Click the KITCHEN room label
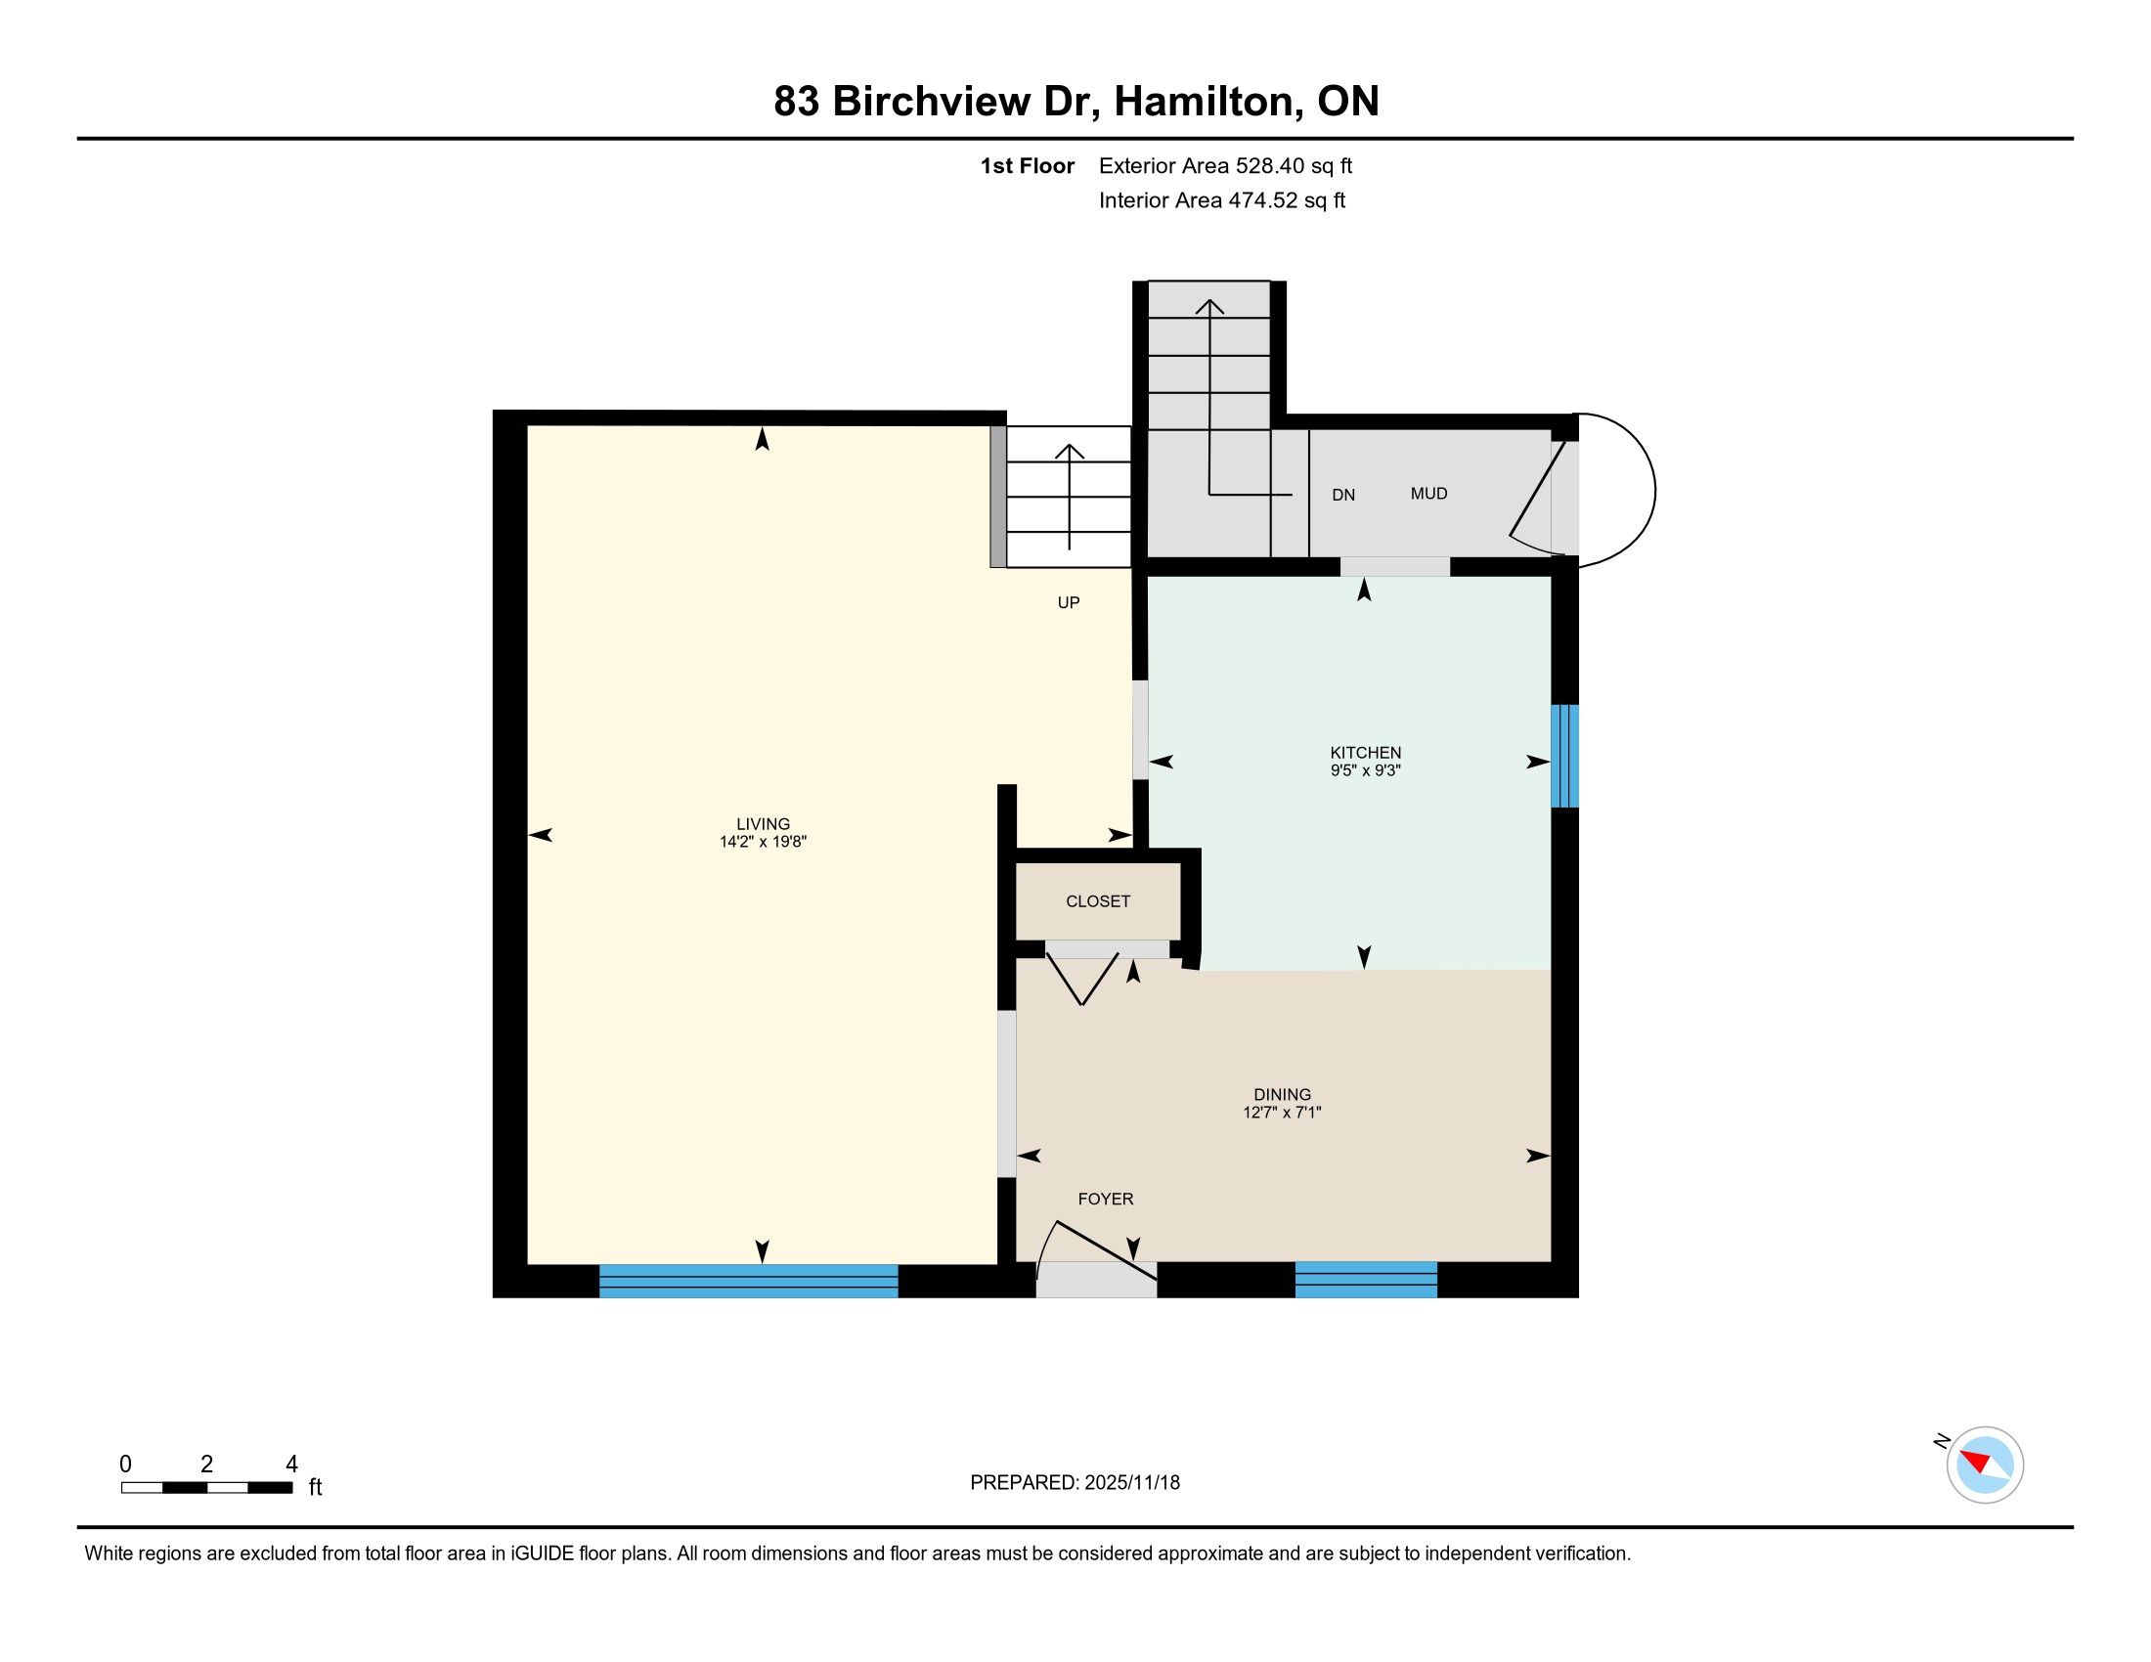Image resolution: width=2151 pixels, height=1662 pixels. (x=1365, y=752)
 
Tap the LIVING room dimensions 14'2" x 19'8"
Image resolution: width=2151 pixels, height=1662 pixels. (x=764, y=842)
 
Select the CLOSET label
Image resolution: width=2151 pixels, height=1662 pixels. (x=1098, y=901)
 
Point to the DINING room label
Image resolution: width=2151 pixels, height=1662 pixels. (x=1283, y=1094)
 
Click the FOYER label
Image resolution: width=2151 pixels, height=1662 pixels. (x=1105, y=1199)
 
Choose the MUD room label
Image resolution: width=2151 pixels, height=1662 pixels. (x=1429, y=494)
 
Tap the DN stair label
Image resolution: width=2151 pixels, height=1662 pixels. (x=1343, y=496)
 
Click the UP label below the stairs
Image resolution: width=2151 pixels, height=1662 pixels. (x=1069, y=602)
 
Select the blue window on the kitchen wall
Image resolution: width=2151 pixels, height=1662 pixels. (x=1565, y=756)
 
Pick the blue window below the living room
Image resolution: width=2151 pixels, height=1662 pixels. (x=749, y=1281)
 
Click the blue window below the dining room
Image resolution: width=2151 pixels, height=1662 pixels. (x=1366, y=1280)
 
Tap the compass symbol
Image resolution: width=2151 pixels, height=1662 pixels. (x=1985, y=1465)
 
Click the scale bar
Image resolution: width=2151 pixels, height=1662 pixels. (x=207, y=1488)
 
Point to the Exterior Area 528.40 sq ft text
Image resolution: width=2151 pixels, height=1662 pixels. (x=1225, y=165)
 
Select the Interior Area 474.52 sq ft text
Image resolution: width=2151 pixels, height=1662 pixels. (x=1222, y=199)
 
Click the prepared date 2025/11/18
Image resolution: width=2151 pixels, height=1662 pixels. (x=1131, y=1483)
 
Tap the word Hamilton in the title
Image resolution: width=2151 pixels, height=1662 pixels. (x=1205, y=101)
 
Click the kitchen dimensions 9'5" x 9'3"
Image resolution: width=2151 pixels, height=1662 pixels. (x=1365, y=771)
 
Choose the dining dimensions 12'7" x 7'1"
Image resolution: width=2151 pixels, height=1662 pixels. (x=1282, y=1113)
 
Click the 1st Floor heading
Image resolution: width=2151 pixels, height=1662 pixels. (x=1027, y=165)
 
